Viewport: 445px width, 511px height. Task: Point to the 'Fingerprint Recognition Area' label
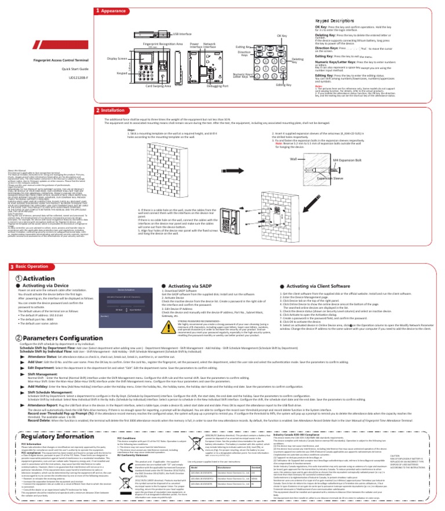pyautogui.click(x=163, y=43)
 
